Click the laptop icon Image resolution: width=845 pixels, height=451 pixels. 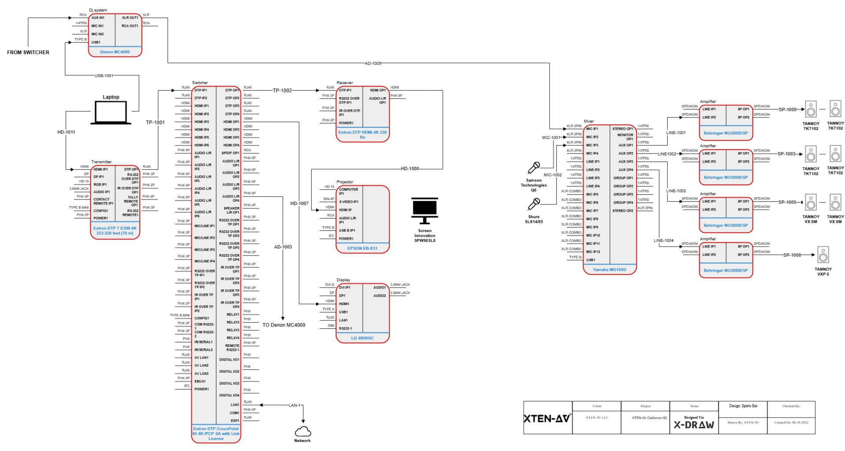(x=111, y=113)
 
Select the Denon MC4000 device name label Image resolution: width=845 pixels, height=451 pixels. (x=115, y=52)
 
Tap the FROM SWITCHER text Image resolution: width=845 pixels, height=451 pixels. (x=28, y=52)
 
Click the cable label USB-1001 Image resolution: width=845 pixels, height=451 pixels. (x=104, y=76)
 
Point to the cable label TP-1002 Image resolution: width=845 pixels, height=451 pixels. (x=282, y=91)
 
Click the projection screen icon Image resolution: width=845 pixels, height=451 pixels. (x=424, y=211)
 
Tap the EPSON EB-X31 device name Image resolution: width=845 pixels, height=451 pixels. (x=362, y=248)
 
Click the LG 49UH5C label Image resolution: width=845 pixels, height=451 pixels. (x=362, y=338)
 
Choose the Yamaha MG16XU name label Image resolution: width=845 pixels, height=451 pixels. (x=609, y=269)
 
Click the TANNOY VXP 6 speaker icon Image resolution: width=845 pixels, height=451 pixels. (x=823, y=255)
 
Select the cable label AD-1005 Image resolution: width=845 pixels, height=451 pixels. (x=373, y=63)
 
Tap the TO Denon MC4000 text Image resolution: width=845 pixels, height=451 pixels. (x=284, y=325)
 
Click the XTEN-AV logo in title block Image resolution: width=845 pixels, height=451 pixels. (x=547, y=418)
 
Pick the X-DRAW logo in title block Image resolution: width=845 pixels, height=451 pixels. (x=694, y=425)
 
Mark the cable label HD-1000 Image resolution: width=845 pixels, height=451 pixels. (x=410, y=169)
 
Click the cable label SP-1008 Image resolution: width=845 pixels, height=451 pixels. (x=792, y=255)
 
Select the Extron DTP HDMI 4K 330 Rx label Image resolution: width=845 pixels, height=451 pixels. (x=362, y=135)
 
